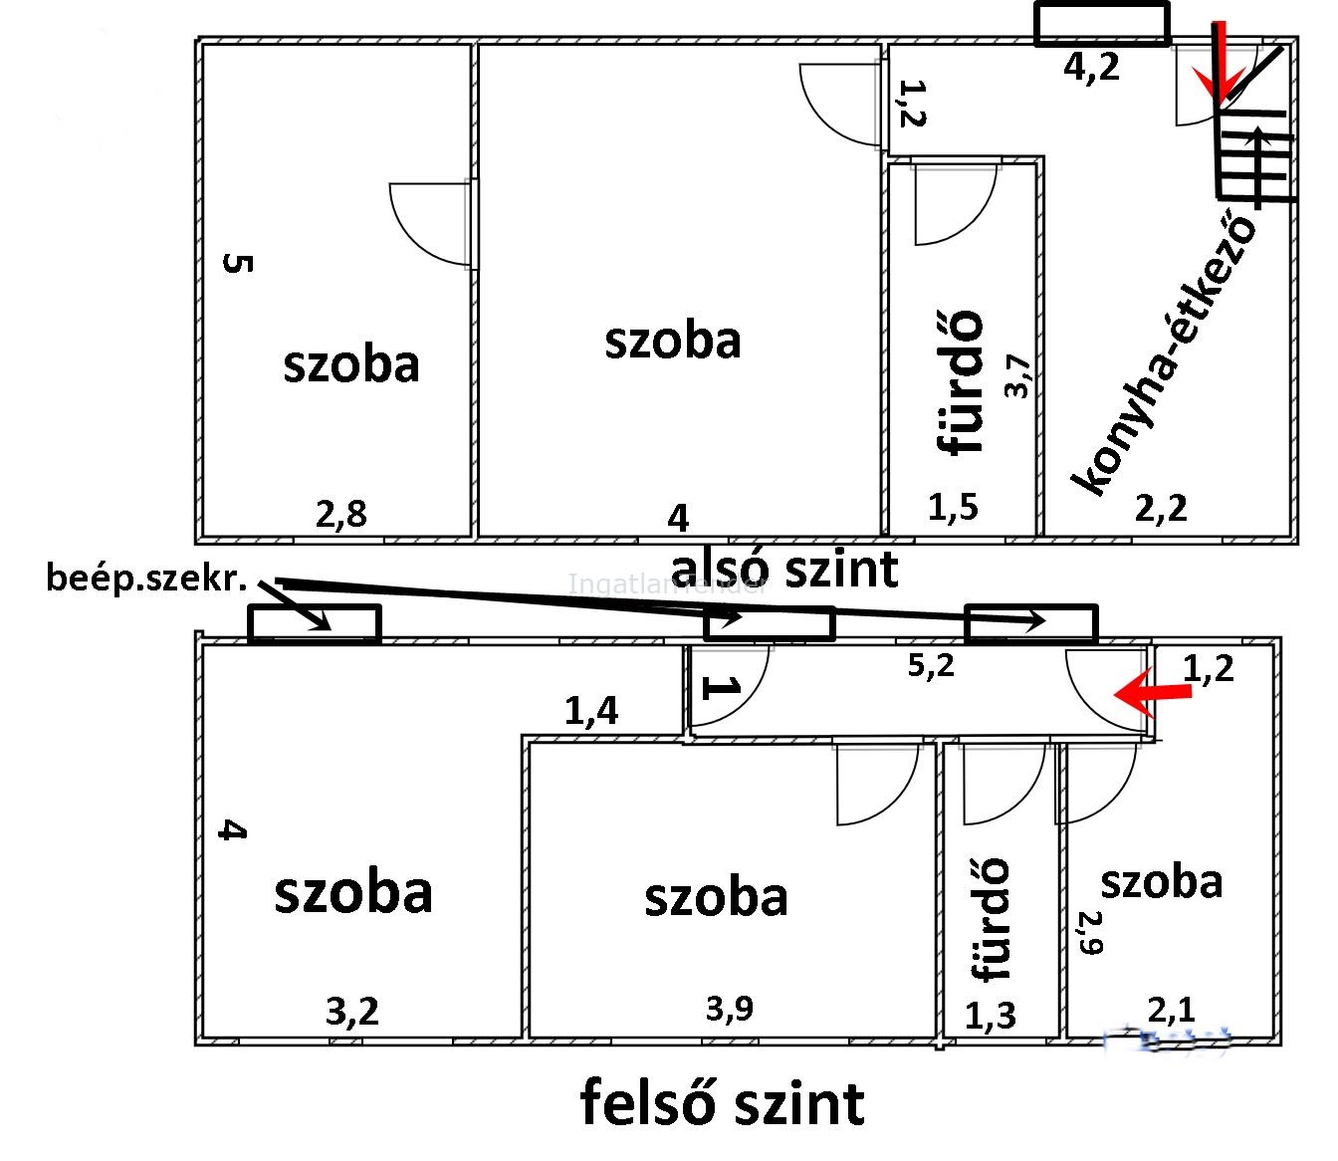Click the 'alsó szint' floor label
point(785,570)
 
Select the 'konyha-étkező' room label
point(1163,352)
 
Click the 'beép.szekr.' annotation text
point(146,579)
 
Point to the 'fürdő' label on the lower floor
point(961,383)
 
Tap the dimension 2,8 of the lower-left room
point(340,514)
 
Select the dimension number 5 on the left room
point(239,264)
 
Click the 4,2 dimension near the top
point(1091,67)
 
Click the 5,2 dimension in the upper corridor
point(930,666)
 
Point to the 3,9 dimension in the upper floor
point(729,1009)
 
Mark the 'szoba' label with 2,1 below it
point(1161,882)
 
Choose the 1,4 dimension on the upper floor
point(590,710)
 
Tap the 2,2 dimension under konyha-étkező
point(1161,509)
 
